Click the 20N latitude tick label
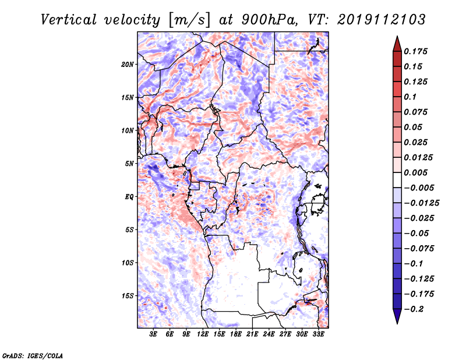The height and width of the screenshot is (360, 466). point(128,65)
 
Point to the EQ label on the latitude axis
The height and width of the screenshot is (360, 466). point(129,197)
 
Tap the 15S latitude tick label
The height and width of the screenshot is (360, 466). point(128,296)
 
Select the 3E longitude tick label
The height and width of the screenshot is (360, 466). point(153,334)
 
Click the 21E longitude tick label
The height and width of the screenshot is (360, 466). point(252,334)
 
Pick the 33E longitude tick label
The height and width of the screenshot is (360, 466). point(318,334)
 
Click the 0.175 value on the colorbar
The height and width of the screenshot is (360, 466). point(415,51)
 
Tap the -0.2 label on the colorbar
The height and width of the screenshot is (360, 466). point(414,309)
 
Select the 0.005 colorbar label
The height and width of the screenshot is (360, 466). point(415,172)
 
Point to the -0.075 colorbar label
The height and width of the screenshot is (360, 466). point(419,249)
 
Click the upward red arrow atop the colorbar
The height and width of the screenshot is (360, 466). point(397,44)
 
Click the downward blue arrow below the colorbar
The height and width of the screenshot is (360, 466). point(397,316)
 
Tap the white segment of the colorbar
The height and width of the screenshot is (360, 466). point(397,180)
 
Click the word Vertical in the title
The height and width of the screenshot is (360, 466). point(69,20)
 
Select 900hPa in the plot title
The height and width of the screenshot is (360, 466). point(269,20)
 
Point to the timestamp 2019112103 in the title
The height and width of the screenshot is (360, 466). point(382,20)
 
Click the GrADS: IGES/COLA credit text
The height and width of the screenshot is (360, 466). point(33,355)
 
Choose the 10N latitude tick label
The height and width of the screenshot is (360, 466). point(128,130)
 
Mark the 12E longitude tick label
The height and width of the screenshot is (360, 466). point(203,334)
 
